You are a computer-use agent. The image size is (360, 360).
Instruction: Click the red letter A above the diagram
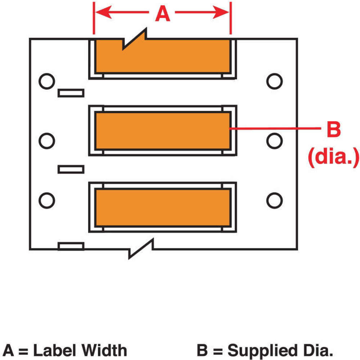coord(162,14)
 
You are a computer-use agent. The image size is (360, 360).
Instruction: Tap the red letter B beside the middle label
coord(333,130)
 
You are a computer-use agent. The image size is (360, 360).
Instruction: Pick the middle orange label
coord(162,131)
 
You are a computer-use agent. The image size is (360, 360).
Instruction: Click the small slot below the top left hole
coord(71,93)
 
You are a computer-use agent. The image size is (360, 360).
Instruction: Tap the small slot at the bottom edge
coord(71,246)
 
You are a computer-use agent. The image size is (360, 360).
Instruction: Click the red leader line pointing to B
coord(274,128)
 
